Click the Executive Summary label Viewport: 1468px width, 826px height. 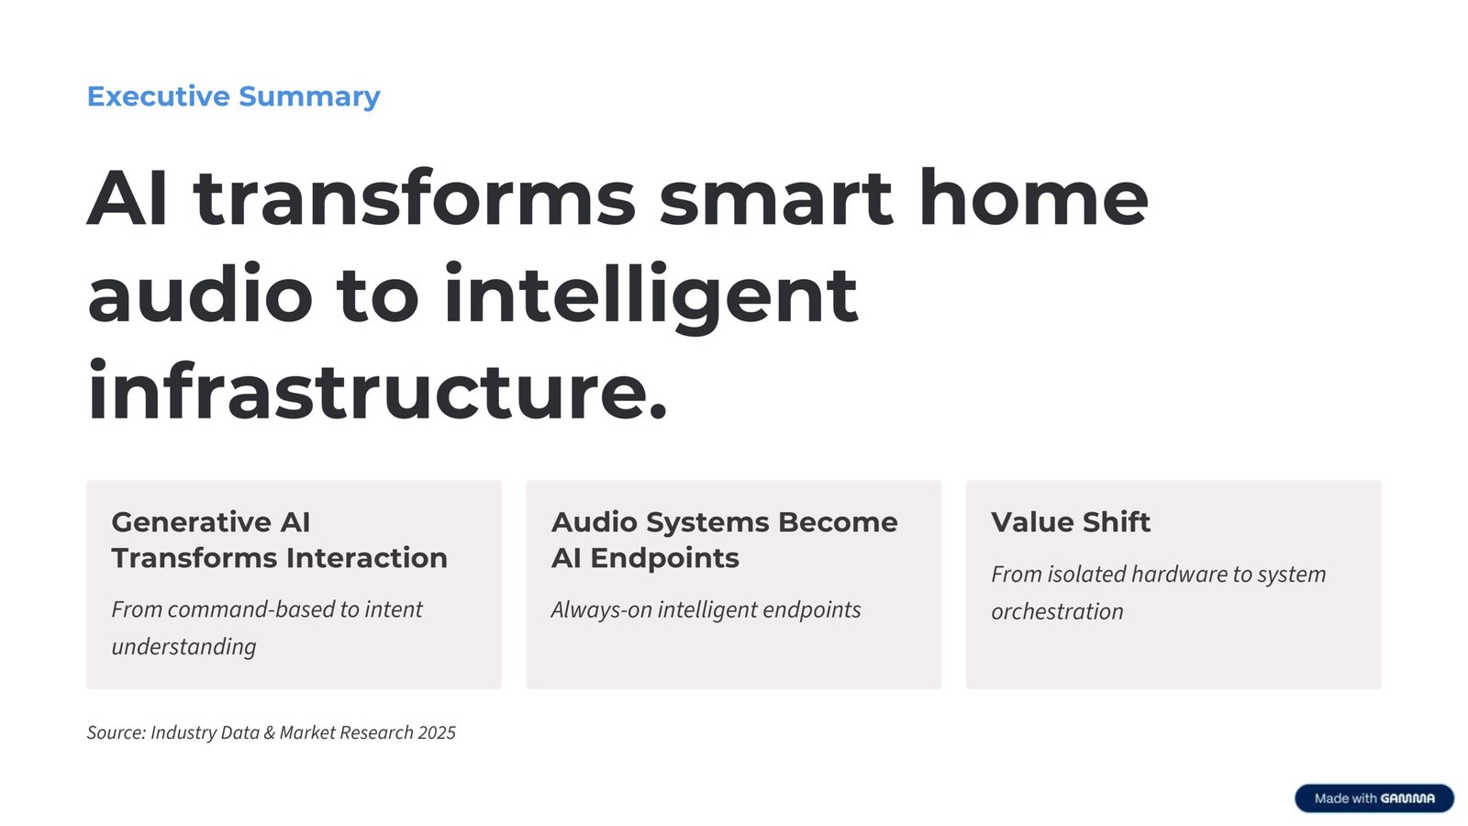tap(233, 96)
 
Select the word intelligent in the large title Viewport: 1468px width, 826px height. tap(650, 296)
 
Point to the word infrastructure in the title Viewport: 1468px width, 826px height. tap(376, 392)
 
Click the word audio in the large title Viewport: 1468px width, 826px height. tap(200, 296)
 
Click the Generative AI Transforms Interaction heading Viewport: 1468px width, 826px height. tap(279, 540)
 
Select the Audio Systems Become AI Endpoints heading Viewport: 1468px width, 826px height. tap(724, 540)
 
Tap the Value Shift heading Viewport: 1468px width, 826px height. tap(1070, 522)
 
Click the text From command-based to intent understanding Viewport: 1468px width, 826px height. tap(266, 628)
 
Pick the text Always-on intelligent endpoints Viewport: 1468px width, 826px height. tap(706, 610)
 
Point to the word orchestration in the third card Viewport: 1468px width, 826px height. tap(1057, 612)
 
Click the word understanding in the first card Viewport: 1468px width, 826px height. tap(183, 647)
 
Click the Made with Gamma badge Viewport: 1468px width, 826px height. tap(1373, 798)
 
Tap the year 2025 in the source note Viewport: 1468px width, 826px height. tap(437, 733)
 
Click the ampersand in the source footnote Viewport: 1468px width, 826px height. tap(269, 733)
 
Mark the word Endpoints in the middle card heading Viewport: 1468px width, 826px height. tap(664, 558)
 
